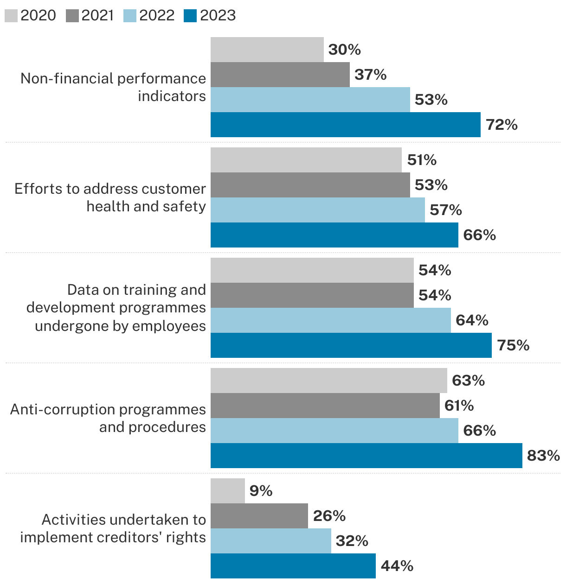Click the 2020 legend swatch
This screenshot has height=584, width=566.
(12, 16)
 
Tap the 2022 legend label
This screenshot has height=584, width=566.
(157, 16)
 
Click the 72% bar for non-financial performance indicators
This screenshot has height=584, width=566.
(345, 125)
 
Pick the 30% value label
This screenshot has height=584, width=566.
(344, 50)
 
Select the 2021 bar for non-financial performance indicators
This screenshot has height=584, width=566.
(280, 75)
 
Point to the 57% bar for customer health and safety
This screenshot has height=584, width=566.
(317, 210)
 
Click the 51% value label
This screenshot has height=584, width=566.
(422, 160)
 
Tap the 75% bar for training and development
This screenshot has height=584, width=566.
(351, 345)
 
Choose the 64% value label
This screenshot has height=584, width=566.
(472, 320)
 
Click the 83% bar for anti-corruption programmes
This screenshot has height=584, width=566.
(366, 456)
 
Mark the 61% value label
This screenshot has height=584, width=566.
(459, 406)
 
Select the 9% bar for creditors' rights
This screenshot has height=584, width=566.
(227, 491)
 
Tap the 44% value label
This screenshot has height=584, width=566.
(397, 566)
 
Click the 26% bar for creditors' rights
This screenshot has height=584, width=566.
(259, 516)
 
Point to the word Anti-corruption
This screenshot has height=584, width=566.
(63, 409)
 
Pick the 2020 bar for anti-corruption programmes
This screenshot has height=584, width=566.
(328, 381)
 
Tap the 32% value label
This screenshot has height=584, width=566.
(352, 541)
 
